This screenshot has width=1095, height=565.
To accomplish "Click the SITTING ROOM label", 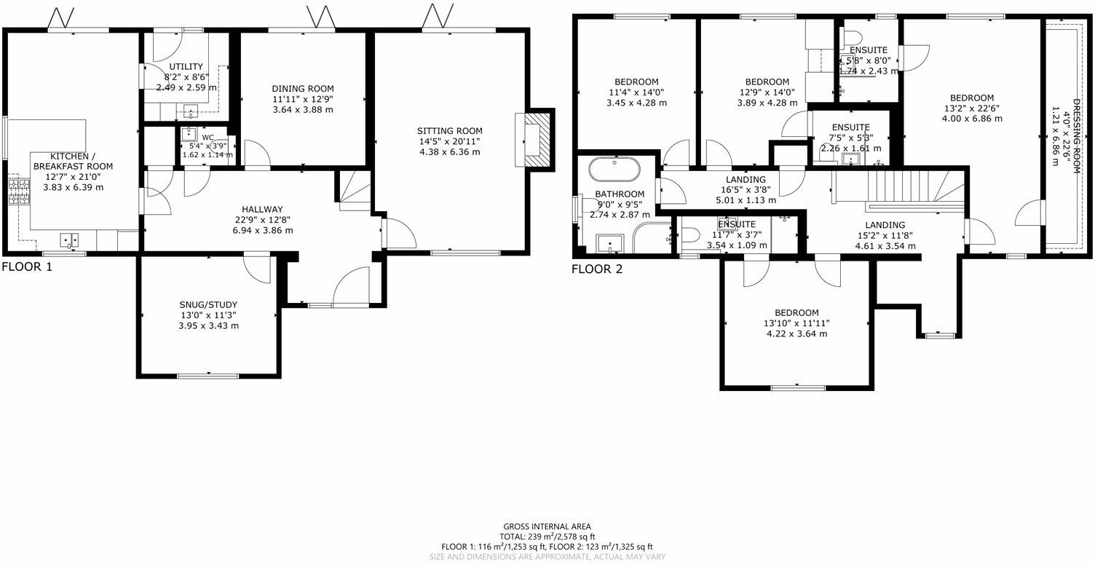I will [449, 130].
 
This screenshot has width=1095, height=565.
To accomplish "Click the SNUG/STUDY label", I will [208, 304].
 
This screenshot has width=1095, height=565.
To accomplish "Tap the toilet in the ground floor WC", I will [219, 145].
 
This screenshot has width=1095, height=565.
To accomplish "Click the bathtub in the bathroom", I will [614, 170].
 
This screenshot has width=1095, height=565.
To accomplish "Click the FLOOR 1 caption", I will [27, 266].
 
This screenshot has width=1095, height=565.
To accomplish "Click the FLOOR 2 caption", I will [597, 269].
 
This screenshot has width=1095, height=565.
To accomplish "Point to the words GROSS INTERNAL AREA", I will [547, 526].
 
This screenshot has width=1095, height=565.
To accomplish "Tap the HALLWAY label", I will [264, 209].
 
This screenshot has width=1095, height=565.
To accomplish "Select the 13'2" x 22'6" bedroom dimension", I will [971, 108].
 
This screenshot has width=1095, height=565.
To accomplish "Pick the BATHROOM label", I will [620, 194].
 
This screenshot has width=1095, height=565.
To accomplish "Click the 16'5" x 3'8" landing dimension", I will [746, 190].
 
